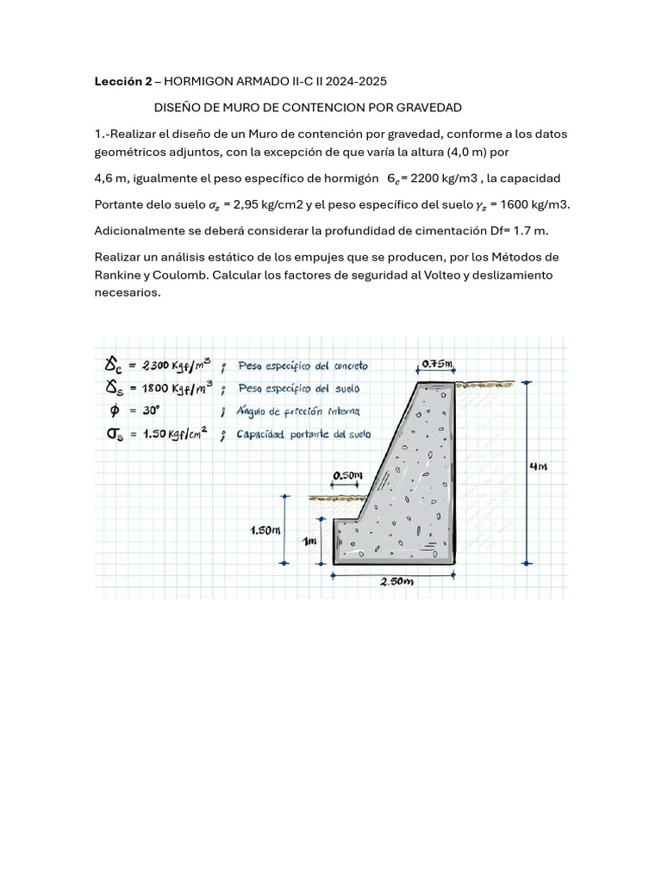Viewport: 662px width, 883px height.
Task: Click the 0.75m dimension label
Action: [438, 364]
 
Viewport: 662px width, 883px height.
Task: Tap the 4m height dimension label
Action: [538, 467]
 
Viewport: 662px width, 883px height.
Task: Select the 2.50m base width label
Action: [398, 581]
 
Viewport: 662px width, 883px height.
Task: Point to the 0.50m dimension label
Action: [347, 475]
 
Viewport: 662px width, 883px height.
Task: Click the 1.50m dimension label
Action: [265, 530]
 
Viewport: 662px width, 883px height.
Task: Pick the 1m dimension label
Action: [309, 541]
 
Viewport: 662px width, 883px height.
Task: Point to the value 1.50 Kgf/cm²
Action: [171, 435]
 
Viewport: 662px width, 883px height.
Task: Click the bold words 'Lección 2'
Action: [122, 81]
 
